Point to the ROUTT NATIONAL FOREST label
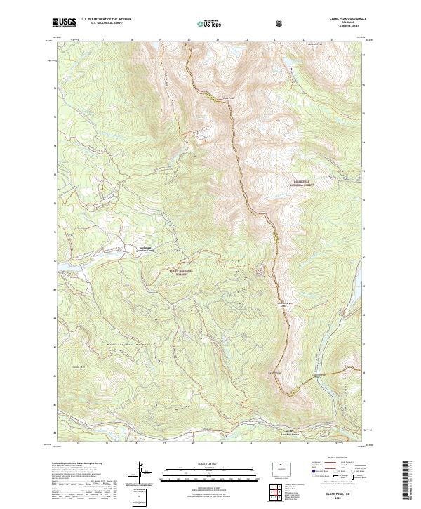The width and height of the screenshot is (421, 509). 180,271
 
